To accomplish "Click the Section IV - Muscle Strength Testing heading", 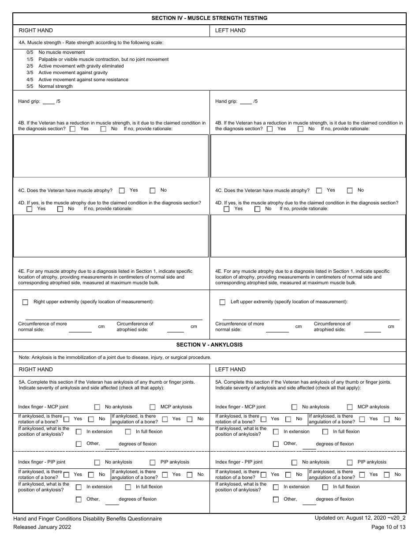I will (209, 18).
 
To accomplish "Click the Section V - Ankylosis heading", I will (209, 344).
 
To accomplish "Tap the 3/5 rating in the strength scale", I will (30, 73).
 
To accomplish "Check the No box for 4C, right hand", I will (153, 191).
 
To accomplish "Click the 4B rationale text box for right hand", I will (111, 156).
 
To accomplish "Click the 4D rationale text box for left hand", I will (308, 235).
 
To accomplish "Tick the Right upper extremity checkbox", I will (26, 302).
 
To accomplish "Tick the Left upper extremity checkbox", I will (222, 302).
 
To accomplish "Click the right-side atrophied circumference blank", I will (176, 330).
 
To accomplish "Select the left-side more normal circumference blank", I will (277, 330).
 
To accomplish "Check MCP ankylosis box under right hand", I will (153, 407).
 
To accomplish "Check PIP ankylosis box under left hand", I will (350, 462).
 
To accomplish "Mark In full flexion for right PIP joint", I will (128, 487).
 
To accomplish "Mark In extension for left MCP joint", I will (276, 432).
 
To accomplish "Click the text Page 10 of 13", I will (389, 527).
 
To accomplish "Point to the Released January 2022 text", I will (42, 527).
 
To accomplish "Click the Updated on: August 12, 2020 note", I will (360, 519).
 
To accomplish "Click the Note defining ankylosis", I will (115, 357).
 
